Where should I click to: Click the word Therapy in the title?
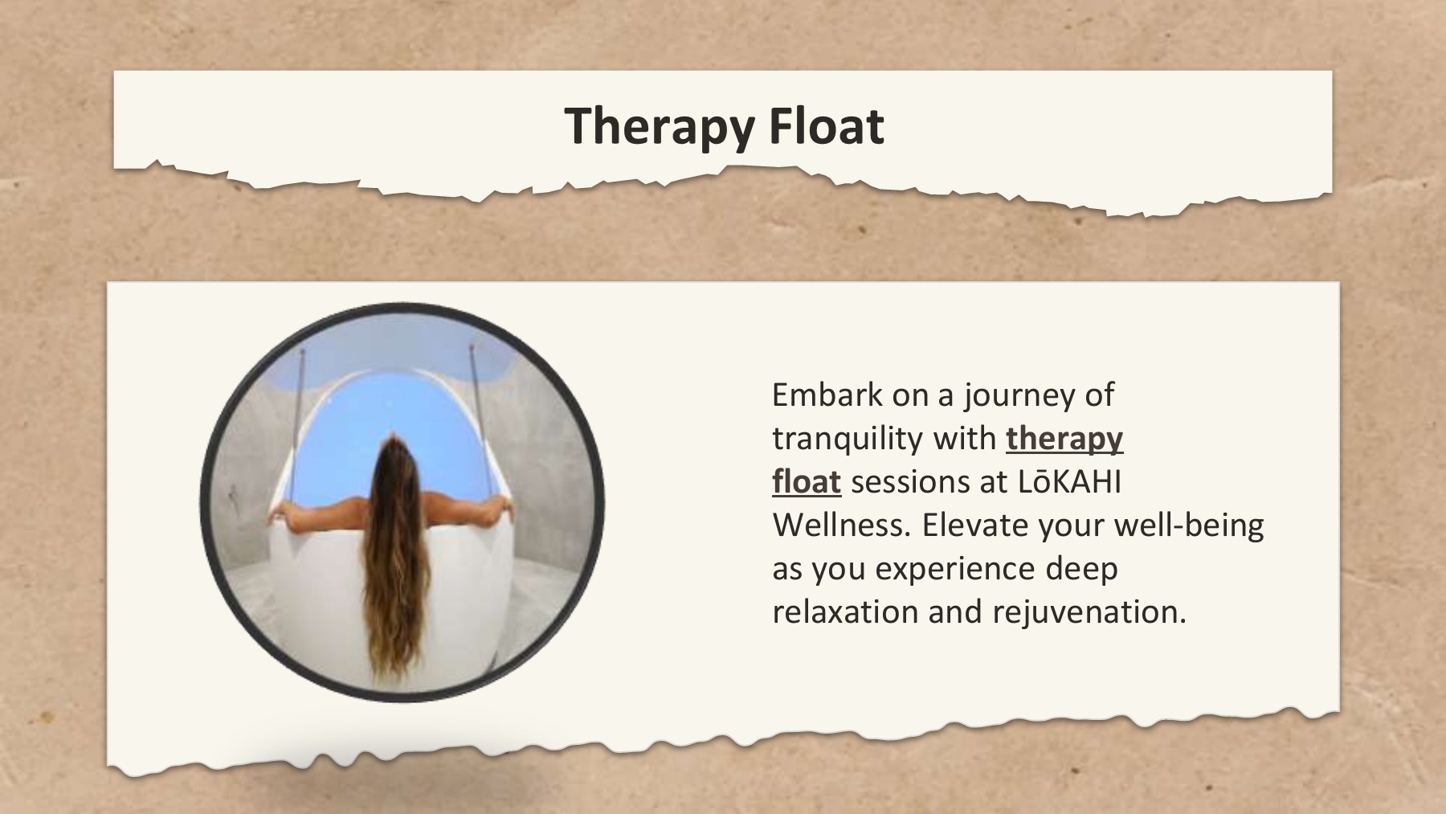point(660,126)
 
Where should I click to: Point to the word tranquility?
point(847,438)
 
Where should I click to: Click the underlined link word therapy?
point(1064,438)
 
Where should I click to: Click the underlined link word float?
point(806,481)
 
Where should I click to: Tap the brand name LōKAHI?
point(1069,481)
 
